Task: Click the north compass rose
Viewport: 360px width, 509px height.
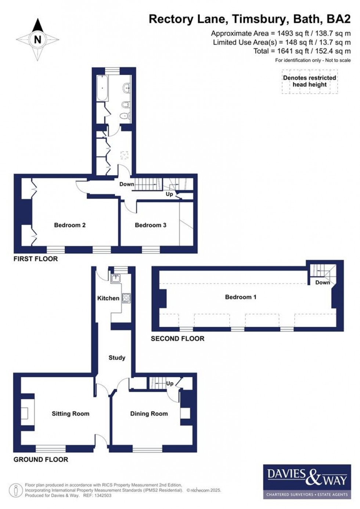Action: point(37,39)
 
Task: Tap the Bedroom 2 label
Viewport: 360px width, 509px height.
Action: point(70,225)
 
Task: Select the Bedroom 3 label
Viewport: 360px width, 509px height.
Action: point(150,225)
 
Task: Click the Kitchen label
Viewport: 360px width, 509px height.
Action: point(108,298)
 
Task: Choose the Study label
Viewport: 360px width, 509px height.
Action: point(117,358)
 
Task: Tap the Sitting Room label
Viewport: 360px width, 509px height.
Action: point(71,413)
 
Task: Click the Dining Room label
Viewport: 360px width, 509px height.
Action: point(149,413)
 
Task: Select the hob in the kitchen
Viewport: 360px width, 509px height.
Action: point(126,298)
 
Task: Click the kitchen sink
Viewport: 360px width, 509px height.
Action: point(116,278)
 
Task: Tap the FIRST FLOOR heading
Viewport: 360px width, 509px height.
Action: point(36,259)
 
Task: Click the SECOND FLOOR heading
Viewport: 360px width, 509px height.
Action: point(177,338)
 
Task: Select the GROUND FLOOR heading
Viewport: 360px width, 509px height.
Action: point(41,459)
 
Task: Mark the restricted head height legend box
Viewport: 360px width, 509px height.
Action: point(309,81)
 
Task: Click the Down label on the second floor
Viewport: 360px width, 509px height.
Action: point(323,282)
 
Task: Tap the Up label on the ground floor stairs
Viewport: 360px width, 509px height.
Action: point(170,383)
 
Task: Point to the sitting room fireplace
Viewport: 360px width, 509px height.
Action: point(25,413)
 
